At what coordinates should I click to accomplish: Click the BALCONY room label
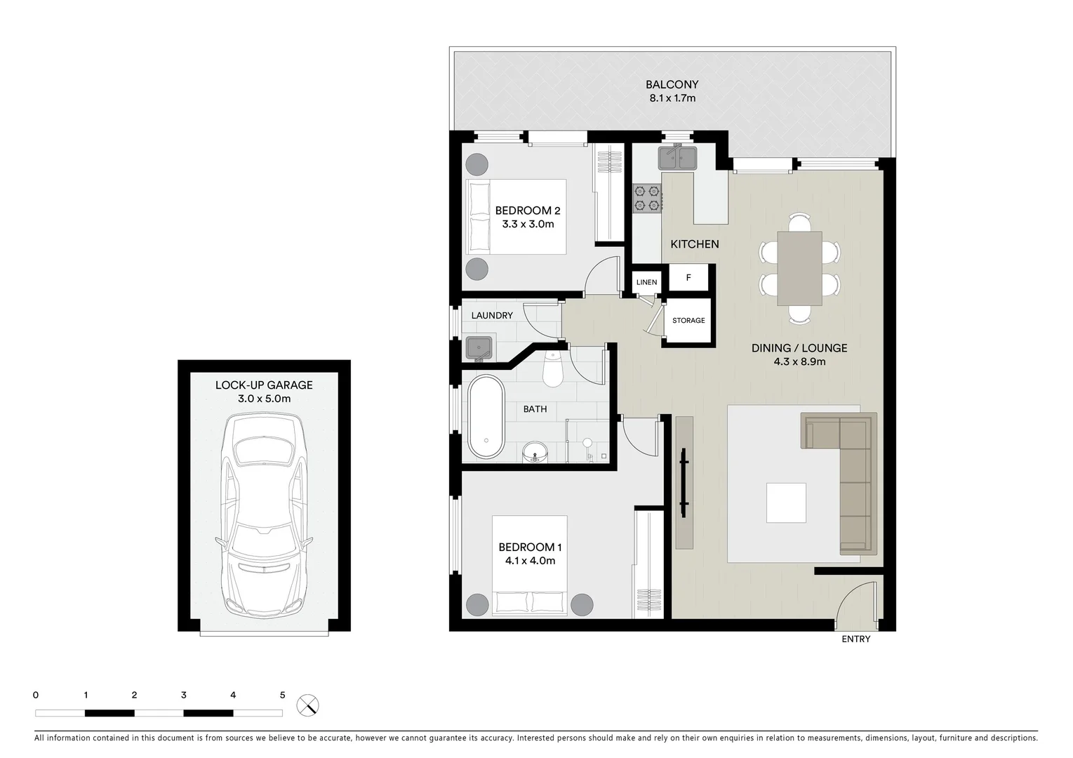coord(672,84)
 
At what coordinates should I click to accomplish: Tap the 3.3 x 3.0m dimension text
coord(528,225)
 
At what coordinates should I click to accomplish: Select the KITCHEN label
coord(694,244)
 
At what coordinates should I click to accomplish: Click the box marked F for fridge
coord(688,278)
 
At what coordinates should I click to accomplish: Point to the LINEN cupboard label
coord(646,282)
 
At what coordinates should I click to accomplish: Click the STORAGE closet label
coord(688,321)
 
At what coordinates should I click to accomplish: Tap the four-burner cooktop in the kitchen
coord(647,198)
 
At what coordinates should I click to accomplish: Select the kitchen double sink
coord(677,158)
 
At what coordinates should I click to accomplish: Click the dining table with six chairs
coord(799,269)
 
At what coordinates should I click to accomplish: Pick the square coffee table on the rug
coord(786,503)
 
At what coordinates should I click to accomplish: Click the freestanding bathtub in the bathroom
coord(486,418)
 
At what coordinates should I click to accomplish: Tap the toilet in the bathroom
coord(553,371)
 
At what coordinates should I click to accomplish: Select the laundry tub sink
coord(479,347)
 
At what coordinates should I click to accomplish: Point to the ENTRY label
coord(855,639)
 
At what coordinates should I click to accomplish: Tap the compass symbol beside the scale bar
coord(307,705)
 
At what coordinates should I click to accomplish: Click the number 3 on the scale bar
coord(184,696)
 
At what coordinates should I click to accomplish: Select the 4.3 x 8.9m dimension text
coord(799,362)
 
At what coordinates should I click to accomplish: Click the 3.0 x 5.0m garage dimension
coord(264,399)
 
